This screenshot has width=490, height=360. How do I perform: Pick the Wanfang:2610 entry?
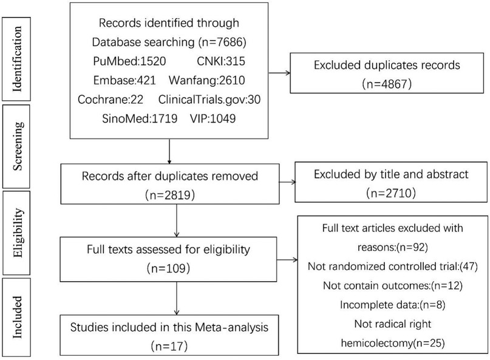pos(223,80)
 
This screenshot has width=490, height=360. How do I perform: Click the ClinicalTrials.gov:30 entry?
pos(209,99)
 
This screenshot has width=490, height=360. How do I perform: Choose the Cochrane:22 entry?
pos(107,99)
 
